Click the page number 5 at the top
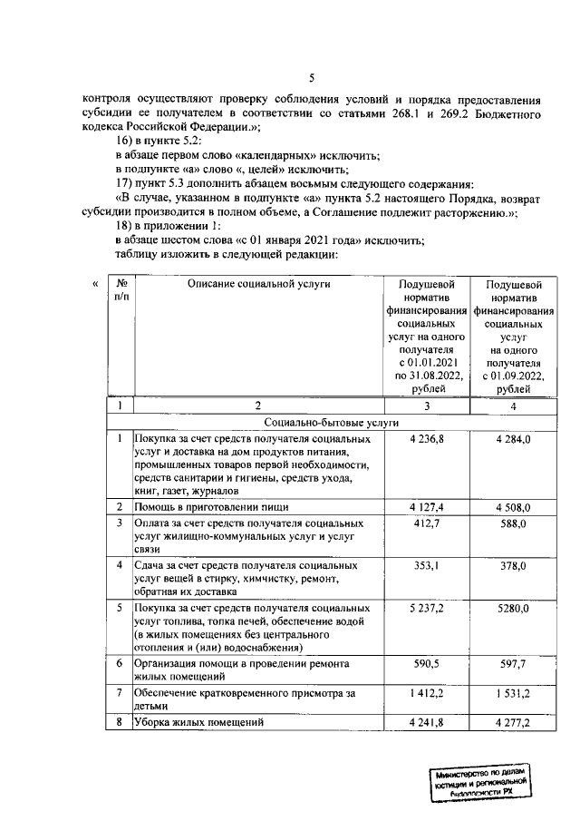311,77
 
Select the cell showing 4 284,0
513,439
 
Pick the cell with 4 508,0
513,506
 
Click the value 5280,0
513,608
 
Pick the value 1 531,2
513,693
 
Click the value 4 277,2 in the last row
513,723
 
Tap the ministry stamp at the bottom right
480,779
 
